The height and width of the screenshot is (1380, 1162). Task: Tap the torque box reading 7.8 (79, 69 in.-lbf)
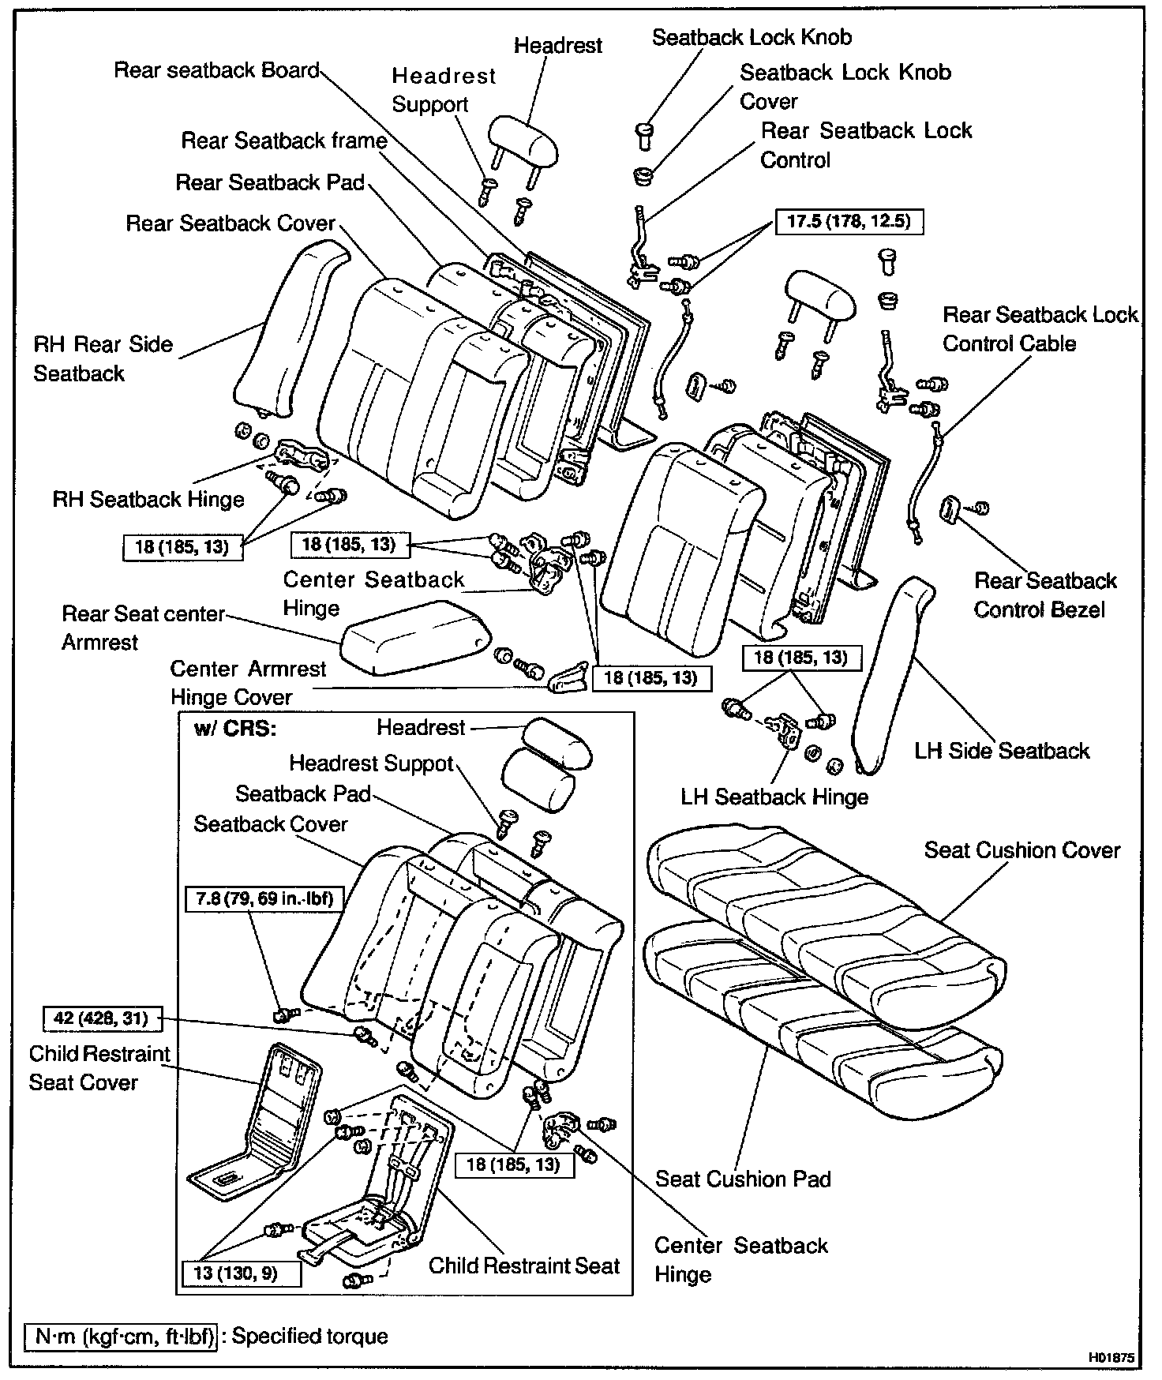(x=264, y=898)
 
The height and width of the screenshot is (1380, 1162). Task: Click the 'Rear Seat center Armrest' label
(x=143, y=628)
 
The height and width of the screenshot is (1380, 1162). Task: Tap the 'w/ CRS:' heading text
(x=235, y=728)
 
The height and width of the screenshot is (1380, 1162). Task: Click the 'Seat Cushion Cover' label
(x=1021, y=850)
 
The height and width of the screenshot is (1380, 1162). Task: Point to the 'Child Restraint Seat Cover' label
(x=99, y=1067)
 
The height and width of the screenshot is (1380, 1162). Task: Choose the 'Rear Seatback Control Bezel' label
(x=1044, y=595)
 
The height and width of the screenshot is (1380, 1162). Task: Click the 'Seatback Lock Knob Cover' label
(x=845, y=87)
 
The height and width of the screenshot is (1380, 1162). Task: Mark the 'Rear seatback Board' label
(x=216, y=70)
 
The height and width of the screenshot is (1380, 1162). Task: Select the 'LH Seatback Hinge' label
(x=774, y=797)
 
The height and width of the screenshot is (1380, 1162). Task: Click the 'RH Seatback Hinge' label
(x=148, y=499)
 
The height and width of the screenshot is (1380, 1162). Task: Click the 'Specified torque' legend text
(x=310, y=1337)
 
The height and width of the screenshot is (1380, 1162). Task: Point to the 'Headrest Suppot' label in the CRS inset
(x=371, y=763)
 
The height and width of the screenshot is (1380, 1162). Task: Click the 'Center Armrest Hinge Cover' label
(x=247, y=683)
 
